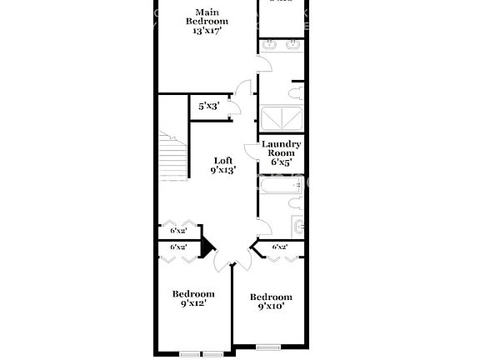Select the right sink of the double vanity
pyautogui.click(x=292, y=45)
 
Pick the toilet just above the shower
pyautogui.click(x=293, y=91)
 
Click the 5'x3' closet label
pyautogui.click(x=208, y=107)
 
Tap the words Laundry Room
pyautogui.click(x=281, y=149)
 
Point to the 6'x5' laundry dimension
pyautogui.click(x=281, y=162)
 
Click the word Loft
pyautogui.click(x=223, y=161)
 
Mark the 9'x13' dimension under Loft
pyautogui.click(x=223, y=171)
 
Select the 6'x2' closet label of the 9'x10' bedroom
pyautogui.click(x=280, y=247)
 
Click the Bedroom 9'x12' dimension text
pyautogui.click(x=192, y=304)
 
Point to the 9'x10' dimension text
pyautogui.click(x=271, y=307)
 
